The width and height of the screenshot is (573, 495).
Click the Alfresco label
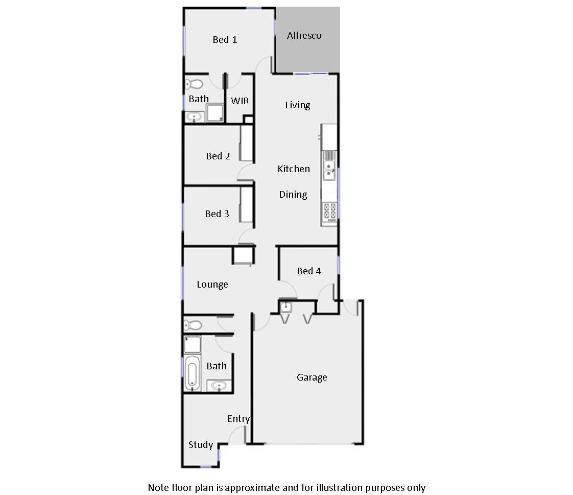tap(304, 36)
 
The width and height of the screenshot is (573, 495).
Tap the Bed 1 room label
tap(225, 40)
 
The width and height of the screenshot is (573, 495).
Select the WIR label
tap(240, 101)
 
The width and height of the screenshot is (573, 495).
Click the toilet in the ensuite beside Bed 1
tap(194, 84)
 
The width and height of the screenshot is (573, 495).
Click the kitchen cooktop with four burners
tap(329, 211)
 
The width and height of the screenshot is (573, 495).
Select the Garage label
tap(312, 378)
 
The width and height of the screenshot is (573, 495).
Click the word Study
tap(201, 445)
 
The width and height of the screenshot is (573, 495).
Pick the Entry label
tap(238, 419)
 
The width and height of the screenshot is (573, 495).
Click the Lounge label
tap(212, 285)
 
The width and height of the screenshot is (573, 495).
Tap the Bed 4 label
tap(309, 271)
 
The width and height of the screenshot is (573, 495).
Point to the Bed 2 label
tap(218, 156)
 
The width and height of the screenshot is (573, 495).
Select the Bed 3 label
tap(217, 214)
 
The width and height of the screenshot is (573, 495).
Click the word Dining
tap(293, 195)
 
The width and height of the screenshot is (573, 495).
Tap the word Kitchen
tap(294, 169)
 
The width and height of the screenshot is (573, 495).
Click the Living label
tap(297, 105)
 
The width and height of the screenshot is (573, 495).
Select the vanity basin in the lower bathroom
tap(220, 386)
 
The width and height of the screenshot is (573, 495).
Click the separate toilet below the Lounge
tap(193, 324)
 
